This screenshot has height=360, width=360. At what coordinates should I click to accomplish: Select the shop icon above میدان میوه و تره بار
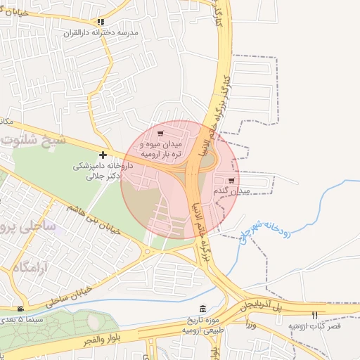tap(160, 134)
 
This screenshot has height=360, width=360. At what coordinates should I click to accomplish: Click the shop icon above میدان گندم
tap(231, 181)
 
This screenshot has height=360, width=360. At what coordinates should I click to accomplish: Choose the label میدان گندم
tap(231, 191)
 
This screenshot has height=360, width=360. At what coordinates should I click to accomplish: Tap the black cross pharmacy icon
tap(103, 155)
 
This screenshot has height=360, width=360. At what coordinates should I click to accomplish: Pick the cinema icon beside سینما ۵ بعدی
tap(20, 309)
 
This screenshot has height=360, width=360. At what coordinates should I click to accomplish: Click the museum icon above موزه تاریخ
tap(203, 310)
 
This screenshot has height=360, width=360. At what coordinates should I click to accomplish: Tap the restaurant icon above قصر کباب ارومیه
tap(314, 315)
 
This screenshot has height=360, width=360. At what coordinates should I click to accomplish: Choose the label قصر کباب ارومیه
tap(314, 327)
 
